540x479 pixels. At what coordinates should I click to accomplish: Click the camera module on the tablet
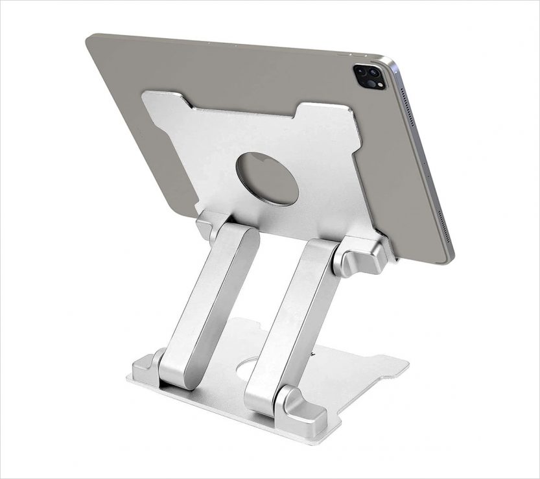coord(368,76)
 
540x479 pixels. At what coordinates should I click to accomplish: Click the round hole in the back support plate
coord(267,179)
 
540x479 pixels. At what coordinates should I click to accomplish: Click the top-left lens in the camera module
coord(361,71)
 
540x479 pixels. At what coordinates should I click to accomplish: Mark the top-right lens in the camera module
coord(375,73)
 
